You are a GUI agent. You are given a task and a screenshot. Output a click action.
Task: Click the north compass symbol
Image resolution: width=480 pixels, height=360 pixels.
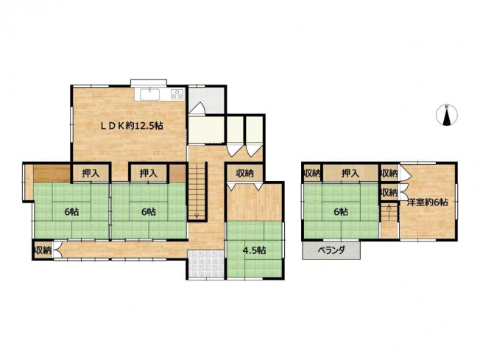point(447,115)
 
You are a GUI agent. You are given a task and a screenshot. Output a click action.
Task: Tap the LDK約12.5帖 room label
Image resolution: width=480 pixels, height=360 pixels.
point(133,125)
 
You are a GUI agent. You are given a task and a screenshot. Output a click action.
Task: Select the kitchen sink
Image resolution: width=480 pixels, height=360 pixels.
point(149,94)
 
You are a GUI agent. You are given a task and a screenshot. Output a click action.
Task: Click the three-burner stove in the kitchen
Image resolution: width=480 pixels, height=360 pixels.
point(177,94)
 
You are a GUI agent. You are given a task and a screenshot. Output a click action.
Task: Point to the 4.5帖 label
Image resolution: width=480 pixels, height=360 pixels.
point(254,250)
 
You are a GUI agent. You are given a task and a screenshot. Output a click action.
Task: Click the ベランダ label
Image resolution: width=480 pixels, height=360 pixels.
point(331,250)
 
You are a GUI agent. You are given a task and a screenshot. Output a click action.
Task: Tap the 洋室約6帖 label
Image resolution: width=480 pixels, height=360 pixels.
point(428,202)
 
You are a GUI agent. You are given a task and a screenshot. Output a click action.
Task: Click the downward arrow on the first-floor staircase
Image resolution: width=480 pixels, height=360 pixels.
point(197,216)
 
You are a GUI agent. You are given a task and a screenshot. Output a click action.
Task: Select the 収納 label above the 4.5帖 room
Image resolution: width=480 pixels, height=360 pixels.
point(245,173)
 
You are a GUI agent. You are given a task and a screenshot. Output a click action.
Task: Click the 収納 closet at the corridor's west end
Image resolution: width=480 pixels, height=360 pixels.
point(43,250)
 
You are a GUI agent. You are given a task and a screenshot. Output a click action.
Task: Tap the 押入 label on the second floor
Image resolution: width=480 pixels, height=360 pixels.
point(350,174)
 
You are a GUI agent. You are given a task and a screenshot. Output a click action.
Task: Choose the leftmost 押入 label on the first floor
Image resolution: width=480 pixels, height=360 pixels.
point(91,174)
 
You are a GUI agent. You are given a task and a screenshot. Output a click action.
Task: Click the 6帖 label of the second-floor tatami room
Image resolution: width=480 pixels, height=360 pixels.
point(340,211)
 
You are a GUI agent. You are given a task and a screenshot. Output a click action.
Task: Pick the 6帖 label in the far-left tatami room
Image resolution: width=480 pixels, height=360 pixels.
point(71,211)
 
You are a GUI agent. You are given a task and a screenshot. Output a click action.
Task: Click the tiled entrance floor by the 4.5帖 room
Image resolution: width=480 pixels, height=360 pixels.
point(206,264)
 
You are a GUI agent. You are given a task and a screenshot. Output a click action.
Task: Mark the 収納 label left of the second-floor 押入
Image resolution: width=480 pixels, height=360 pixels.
point(312,174)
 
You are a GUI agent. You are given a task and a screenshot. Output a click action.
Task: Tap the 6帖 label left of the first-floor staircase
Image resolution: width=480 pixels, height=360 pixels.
point(149,211)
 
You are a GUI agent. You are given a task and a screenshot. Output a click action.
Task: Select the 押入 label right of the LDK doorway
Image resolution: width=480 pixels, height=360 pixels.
point(149,174)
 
